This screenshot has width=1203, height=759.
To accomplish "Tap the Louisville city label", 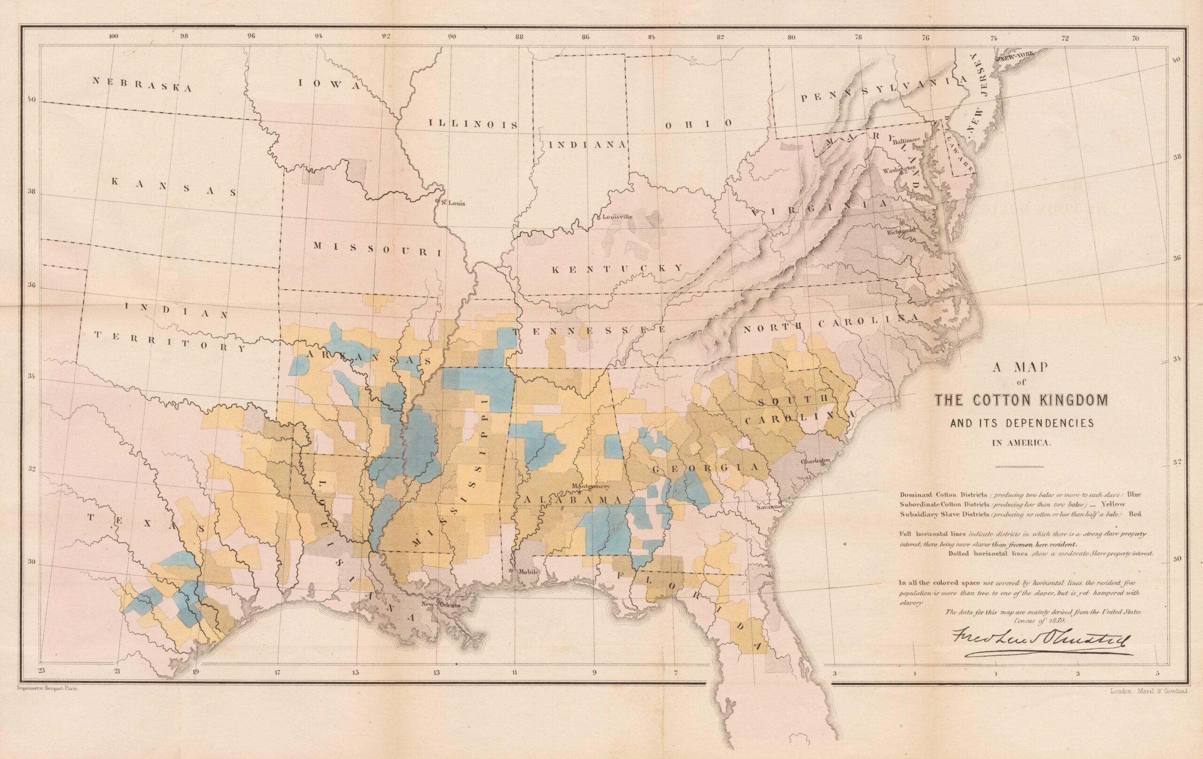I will click(x=617, y=217).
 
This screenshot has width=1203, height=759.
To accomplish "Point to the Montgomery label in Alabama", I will click(x=591, y=486).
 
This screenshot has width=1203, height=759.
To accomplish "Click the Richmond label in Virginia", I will click(x=901, y=231).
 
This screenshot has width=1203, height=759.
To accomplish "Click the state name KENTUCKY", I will click(x=617, y=269).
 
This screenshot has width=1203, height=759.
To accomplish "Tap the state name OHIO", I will click(x=698, y=124).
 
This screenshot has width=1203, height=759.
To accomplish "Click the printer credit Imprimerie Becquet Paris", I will click(x=45, y=688).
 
